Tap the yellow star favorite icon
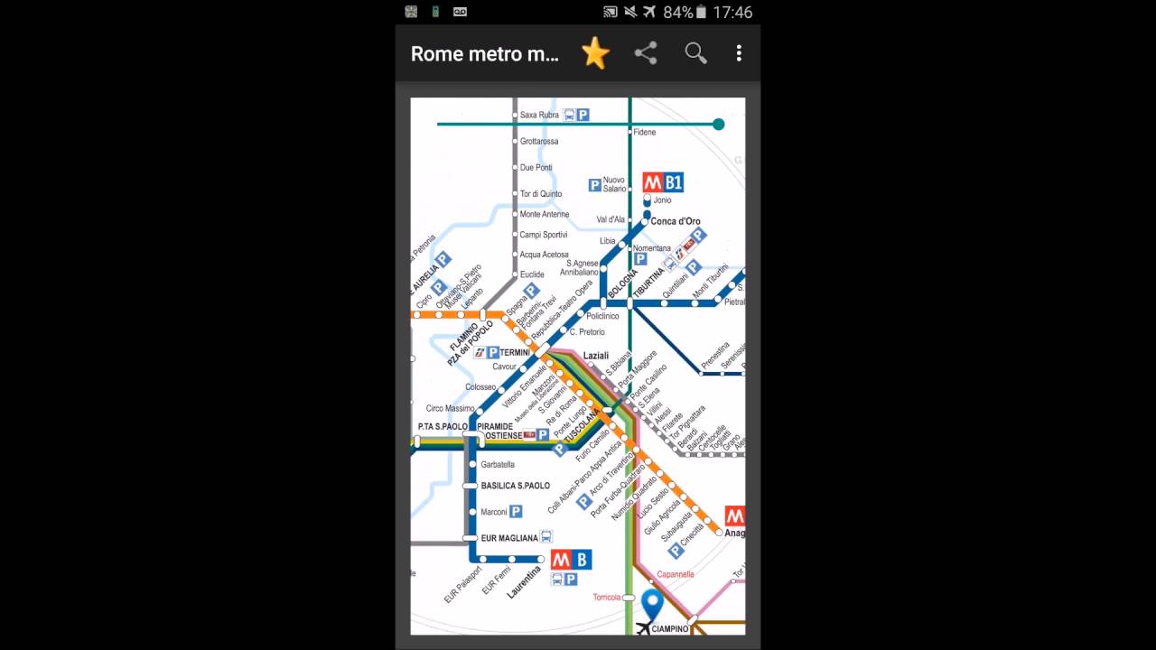pos(595,53)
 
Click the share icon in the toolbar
pos(646,53)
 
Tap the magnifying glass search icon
pos(695,53)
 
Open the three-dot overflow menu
pos(739,53)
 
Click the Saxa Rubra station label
pos(539,116)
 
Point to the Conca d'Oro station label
pos(676,221)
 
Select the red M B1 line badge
pos(663,182)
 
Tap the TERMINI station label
pos(515,352)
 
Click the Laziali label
pos(596,356)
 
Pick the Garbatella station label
pos(498,465)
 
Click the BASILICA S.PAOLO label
pos(516,486)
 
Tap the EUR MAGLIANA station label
pos(509,538)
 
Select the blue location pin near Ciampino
pos(652,604)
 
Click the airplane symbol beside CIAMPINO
pos(643,628)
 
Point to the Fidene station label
pos(645,133)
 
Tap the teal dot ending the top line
pos(719,124)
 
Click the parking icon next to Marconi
pos(516,512)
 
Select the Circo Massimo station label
pos(451,409)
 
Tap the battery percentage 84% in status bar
pos(677,13)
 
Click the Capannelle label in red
pos(676,574)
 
